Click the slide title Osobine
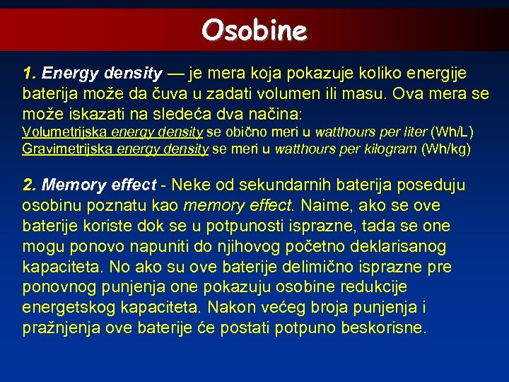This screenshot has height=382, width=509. [x=254, y=30]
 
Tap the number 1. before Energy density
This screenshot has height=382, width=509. [x=30, y=74]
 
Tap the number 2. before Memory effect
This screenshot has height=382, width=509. [x=30, y=185]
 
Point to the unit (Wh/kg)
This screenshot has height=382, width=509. [x=446, y=149]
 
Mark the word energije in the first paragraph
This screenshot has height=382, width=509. [x=443, y=74]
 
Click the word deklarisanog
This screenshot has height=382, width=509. [x=405, y=247]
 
